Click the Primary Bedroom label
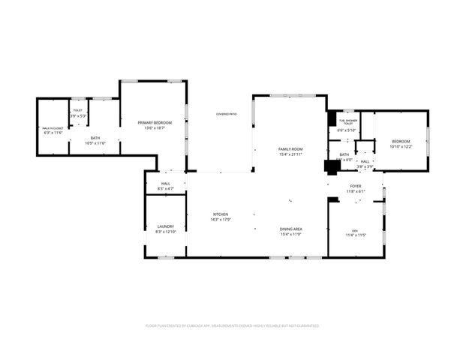154,122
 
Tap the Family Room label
290,149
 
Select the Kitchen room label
220,214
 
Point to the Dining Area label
290,229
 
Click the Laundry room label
165,226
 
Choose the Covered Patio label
227,114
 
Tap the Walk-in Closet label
52,129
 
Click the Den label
355,230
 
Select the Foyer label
356,186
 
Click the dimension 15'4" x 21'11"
290,154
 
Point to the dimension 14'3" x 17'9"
220,220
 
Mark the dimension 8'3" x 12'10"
165,232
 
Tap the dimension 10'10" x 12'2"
401,147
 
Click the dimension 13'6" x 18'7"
154,128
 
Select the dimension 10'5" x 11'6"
95,143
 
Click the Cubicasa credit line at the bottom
233,326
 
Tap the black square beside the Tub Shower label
332,118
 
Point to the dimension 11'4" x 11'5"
355,235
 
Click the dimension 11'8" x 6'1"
356,191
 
